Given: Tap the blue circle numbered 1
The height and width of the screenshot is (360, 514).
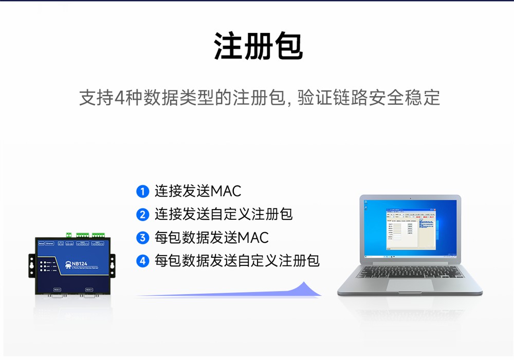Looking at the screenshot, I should tap(142, 192).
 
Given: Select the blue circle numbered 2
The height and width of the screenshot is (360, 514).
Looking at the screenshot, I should tap(142, 215).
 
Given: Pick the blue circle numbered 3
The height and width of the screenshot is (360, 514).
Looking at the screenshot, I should tap(142, 238).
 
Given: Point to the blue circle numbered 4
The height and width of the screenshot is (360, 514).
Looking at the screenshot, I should tap(142, 261).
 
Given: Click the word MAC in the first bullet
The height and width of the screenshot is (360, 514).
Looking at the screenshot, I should tap(226, 192).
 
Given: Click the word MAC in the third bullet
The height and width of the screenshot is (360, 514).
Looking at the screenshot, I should tap(253, 238).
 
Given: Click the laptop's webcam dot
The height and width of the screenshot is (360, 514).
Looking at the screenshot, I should tap(410, 197).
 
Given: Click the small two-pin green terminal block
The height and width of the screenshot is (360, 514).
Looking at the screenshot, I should tap(68, 236).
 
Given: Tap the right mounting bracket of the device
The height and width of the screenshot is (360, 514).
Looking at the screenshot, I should tap(113, 265).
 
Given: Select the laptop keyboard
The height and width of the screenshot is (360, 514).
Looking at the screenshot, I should tap(410, 271).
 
